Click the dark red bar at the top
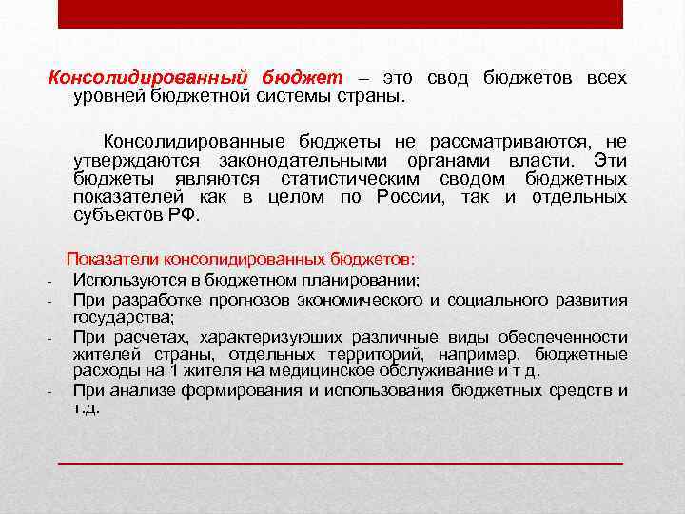[341, 13]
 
